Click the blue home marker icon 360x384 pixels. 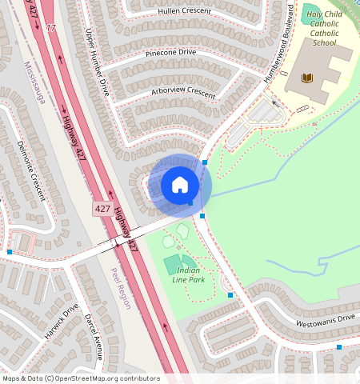click(x=180, y=186)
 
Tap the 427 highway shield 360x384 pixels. click(x=102, y=208)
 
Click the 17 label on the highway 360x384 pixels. click(x=53, y=28)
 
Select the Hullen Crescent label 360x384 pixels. click(x=185, y=11)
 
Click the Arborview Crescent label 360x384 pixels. click(x=183, y=93)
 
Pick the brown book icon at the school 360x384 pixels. click(x=307, y=78)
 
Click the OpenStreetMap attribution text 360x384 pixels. click(x=81, y=378)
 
